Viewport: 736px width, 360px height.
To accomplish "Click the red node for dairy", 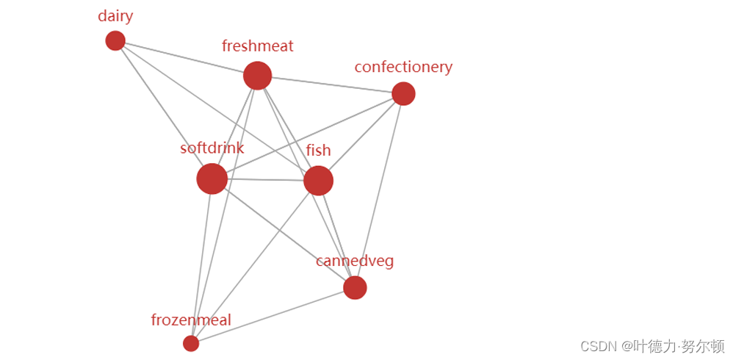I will pyautogui.click(x=115, y=40).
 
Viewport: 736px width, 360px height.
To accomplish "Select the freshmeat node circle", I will pyautogui.click(x=257, y=75).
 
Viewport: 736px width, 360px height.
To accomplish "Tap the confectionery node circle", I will pyautogui.click(x=403, y=93).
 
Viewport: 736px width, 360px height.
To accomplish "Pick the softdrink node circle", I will pyautogui.click(x=212, y=179).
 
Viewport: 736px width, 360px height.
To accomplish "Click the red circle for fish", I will pyautogui.click(x=318, y=180).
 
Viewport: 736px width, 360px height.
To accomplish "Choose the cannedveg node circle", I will pyautogui.click(x=355, y=288).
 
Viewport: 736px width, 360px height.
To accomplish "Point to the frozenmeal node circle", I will pyautogui.click(x=191, y=343).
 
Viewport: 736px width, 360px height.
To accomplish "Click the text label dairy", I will pyautogui.click(x=115, y=16).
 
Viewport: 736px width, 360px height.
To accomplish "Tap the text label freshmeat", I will pyautogui.click(x=257, y=46).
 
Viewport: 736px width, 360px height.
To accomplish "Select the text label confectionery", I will pyautogui.click(x=403, y=67).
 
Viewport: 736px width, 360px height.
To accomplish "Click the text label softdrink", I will pyautogui.click(x=212, y=148).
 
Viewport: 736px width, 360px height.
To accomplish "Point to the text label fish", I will pyautogui.click(x=318, y=150).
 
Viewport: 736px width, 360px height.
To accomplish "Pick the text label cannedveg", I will pyautogui.click(x=355, y=261).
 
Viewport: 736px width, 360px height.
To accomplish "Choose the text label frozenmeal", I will pyautogui.click(x=191, y=320).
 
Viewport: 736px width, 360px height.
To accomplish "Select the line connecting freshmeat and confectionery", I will pyautogui.click(x=331, y=84).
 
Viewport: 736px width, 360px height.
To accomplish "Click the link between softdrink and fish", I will pyautogui.click(x=264, y=179).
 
